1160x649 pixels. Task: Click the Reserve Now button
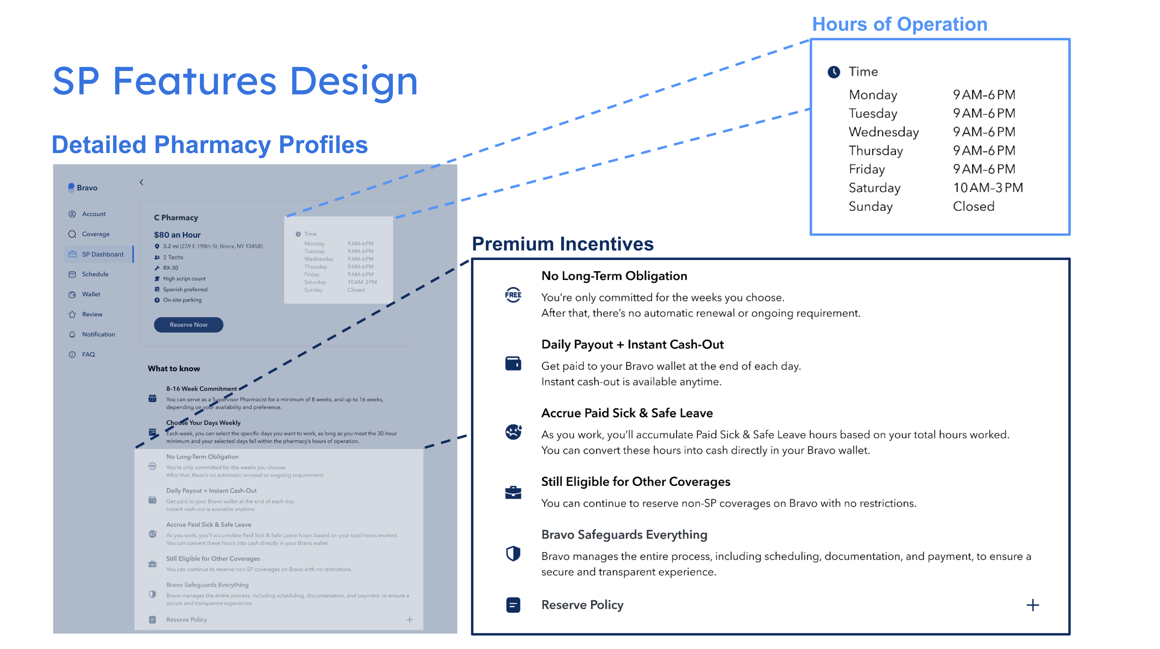coord(188,325)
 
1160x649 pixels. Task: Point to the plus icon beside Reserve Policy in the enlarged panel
coord(1032,605)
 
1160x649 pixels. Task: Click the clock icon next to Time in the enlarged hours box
coord(834,72)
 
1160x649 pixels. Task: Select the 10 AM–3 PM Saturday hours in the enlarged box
coord(987,188)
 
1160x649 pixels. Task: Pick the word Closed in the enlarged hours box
coord(973,206)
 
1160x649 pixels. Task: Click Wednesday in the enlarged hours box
coord(883,132)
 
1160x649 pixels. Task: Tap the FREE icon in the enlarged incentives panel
coord(513,295)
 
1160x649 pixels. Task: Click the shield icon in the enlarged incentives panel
coord(513,553)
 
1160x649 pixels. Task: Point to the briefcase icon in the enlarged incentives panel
coord(513,492)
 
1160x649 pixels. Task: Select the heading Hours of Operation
coord(899,24)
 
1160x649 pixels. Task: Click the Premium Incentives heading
coord(562,244)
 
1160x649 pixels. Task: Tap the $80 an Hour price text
coord(177,235)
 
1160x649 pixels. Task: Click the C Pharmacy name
coord(176,217)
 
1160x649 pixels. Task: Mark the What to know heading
coord(174,368)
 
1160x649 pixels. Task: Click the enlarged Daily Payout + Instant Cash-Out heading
coord(632,344)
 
